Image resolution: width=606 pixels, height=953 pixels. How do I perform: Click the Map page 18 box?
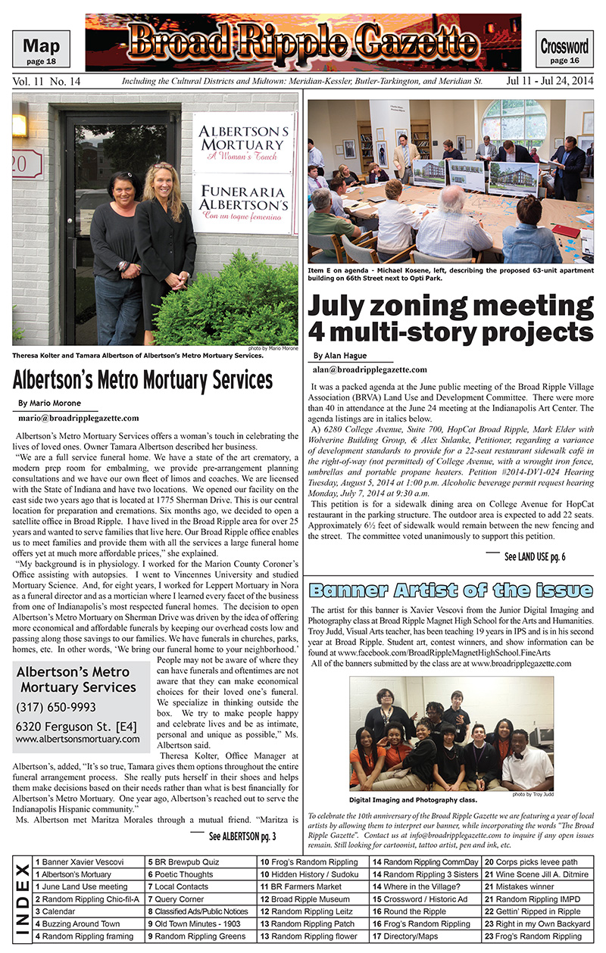[42, 49]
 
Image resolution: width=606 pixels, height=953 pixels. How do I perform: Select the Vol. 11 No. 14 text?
[47, 80]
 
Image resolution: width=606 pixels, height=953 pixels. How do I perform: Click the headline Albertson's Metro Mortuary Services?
[142, 378]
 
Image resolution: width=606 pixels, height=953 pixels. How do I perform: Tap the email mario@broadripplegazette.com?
[78, 417]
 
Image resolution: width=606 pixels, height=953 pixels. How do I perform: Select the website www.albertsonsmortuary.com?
[77, 739]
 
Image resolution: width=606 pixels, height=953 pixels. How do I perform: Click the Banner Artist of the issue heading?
[451, 590]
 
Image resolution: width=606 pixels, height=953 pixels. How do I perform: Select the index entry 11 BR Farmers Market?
[301, 885]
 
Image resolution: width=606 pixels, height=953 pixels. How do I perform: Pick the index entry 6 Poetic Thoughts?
[180, 873]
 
